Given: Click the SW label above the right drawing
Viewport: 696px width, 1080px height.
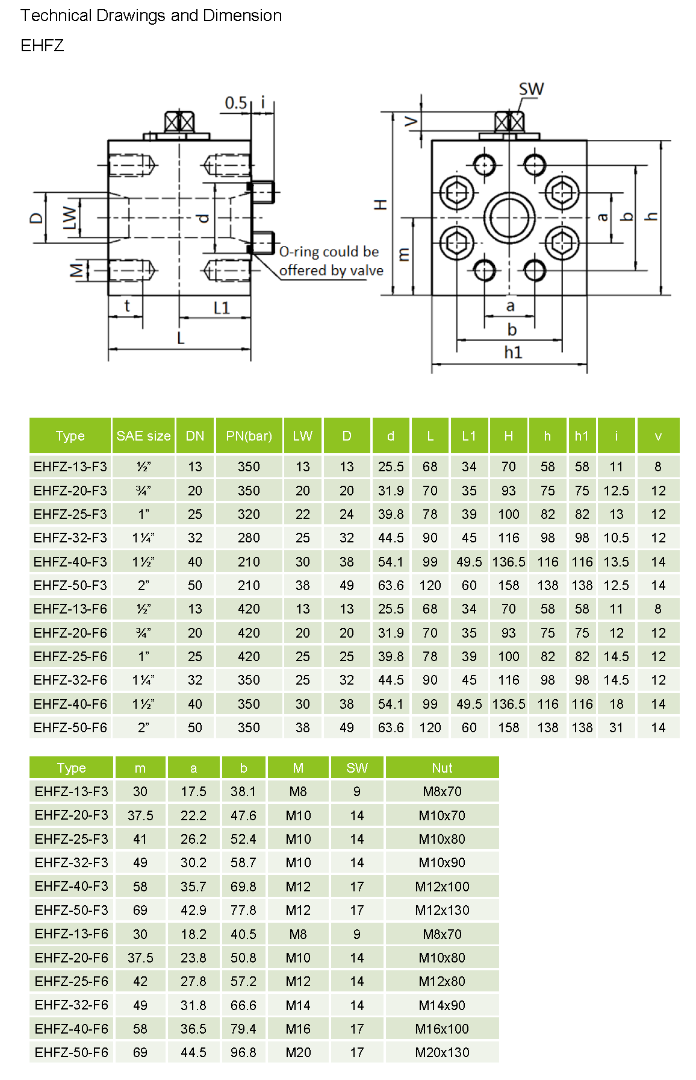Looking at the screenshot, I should [531, 90].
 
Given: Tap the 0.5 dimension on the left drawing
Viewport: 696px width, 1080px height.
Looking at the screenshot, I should [235, 103].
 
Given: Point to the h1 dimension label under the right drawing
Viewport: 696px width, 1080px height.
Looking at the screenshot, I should [513, 352].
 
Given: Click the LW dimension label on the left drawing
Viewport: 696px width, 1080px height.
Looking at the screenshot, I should [70, 218].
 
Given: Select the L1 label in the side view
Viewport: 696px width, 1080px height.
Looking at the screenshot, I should [222, 308].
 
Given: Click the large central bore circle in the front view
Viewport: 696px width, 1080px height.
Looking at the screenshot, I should [509, 218].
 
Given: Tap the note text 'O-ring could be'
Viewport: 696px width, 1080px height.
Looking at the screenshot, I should [329, 251].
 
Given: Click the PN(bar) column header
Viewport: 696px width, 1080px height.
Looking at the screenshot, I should [249, 436].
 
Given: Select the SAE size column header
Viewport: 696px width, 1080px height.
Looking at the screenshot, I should [143, 436].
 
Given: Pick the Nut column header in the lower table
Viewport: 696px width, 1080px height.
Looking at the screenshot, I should [442, 768].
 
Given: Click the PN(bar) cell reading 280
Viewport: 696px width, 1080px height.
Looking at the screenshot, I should [249, 538].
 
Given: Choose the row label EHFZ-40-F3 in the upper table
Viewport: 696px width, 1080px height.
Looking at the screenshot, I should [70, 562].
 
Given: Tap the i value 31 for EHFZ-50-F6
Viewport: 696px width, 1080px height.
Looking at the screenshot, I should [616, 727].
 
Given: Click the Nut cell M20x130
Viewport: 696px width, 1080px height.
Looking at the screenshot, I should [442, 1052].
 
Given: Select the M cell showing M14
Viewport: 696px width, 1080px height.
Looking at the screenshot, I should [298, 1005].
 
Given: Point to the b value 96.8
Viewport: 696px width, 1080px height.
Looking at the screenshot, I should [243, 1052].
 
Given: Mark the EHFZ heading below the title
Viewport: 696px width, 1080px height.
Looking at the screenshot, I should [42, 46].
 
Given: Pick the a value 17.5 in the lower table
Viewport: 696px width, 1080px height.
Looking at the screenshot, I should [193, 791].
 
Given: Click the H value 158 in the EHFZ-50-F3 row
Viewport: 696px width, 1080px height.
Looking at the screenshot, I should [508, 585].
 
